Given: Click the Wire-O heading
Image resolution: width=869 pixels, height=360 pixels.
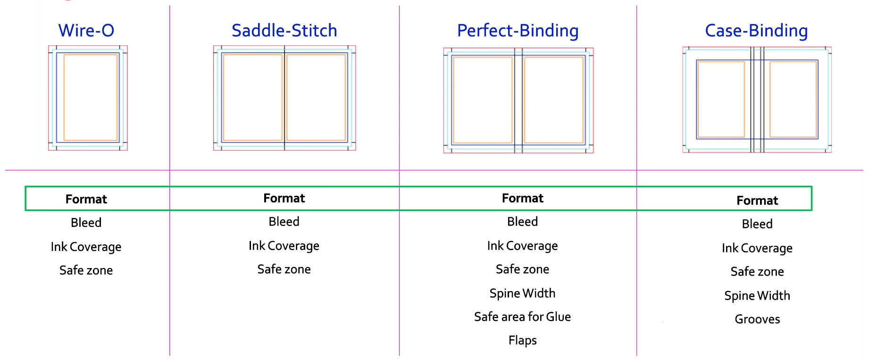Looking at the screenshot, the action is [86, 31].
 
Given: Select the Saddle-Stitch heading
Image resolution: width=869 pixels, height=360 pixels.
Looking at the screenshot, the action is [284, 31].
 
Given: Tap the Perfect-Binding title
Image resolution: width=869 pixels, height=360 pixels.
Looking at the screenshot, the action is [518, 31].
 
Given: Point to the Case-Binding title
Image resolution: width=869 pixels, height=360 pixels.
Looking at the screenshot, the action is [756, 31].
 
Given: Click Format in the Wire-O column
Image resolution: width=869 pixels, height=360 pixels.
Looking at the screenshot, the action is [86, 199].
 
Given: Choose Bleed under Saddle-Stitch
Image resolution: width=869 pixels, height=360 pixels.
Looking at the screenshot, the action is [284, 222].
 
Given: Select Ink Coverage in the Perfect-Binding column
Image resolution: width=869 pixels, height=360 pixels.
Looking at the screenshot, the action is [522, 246].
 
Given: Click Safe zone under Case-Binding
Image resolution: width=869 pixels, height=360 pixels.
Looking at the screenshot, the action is [757, 272].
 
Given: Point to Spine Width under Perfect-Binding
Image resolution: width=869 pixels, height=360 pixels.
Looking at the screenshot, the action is [522, 293].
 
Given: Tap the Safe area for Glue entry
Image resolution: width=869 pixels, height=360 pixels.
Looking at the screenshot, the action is [522, 317].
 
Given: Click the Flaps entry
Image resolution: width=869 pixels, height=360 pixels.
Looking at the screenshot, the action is [522, 341].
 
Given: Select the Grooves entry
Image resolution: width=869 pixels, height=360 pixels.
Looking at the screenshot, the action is [757, 319].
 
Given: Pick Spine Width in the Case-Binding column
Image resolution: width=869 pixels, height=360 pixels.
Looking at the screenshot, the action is [757, 296].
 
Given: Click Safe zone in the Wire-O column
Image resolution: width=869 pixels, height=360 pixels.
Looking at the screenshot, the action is [86, 270].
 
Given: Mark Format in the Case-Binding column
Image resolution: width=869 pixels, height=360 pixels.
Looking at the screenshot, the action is [757, 201].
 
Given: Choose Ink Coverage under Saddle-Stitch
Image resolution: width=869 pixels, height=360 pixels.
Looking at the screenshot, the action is [284, 246].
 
